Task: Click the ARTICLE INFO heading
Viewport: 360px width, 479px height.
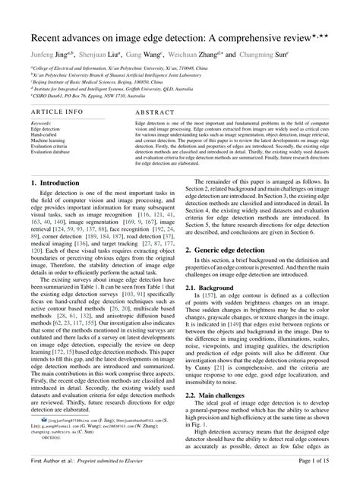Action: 57,111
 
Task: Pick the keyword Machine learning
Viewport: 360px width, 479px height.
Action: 48,140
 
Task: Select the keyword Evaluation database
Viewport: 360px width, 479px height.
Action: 52,152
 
